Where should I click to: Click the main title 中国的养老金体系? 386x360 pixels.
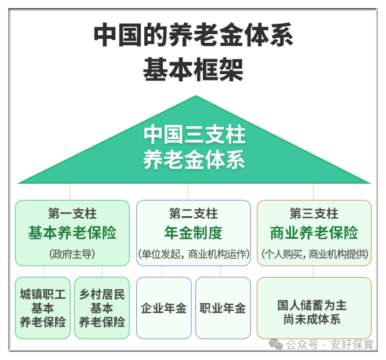[x=194, y=36]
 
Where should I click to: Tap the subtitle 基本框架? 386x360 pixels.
[x=194, y=70]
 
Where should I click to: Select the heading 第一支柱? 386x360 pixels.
[x=72, y=213]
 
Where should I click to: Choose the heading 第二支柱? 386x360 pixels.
[x=194, y=213]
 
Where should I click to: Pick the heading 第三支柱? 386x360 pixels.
[x=314, y=213]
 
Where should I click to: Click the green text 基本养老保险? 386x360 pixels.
[x=72, y=233]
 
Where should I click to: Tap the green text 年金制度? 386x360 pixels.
[x=194, y=233]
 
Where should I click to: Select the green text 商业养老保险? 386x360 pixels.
[x=314, y=233]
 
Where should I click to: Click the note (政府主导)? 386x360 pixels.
[x=72, y=254]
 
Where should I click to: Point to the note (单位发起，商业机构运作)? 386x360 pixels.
[x=194, y=254]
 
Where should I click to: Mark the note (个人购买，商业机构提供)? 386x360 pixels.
[x=314, y=254]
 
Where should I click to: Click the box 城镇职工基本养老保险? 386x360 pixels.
[x=43, y=308]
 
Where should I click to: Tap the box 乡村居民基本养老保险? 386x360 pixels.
[x=102, y=308]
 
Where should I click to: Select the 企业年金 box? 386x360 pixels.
[x=164, y=308]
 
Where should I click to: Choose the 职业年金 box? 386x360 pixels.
[x=223, y=308]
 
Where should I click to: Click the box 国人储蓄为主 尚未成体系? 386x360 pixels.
[x=314, y=308]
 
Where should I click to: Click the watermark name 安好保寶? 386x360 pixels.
[x=352, y=344]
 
